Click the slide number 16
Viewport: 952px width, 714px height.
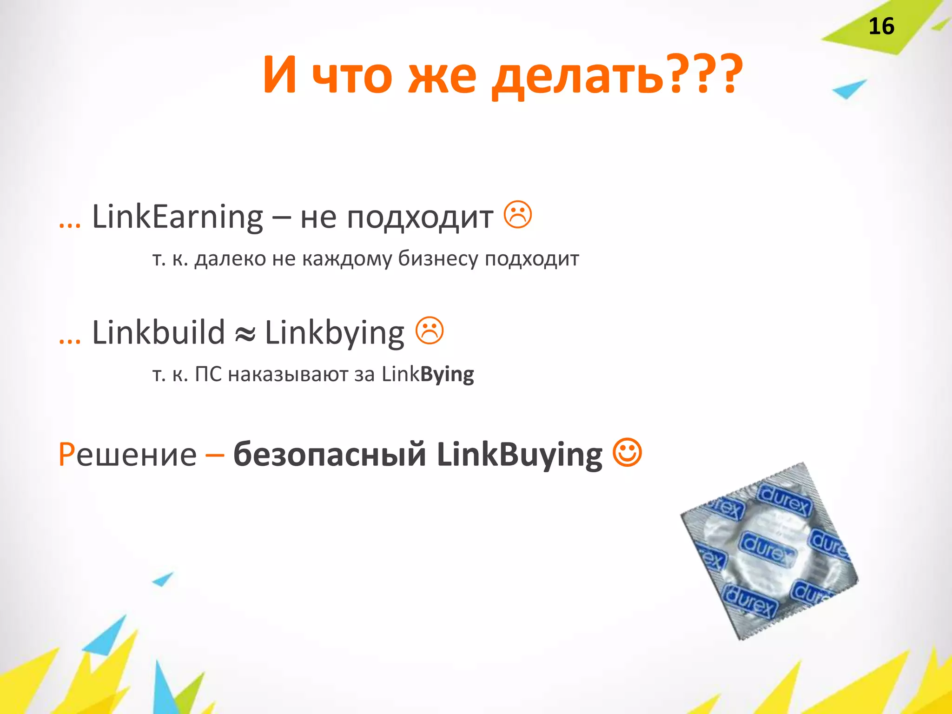[881, 26]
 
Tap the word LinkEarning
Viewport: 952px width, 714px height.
[178, 217]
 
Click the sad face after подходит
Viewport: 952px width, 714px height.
[518, 214]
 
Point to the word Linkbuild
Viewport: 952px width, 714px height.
[159, 333]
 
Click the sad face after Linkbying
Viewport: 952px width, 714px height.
[430, 331]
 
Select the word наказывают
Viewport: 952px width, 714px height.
[288, 374]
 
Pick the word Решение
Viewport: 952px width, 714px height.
[127, 454]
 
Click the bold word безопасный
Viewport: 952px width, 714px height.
[330, 454]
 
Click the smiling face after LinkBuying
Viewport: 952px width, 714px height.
[628, 452]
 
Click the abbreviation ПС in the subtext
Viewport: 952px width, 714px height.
[208, 374]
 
